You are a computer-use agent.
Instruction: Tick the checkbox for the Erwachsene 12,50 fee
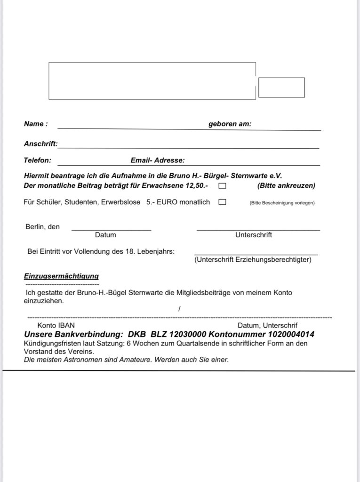pos(222,186)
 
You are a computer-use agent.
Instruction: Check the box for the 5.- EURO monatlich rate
pos(222,202)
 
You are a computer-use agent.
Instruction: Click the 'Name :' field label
pos(36,124)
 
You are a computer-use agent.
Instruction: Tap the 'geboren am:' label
pos(230,124)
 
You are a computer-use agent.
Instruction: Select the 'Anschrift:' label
pos(40,144)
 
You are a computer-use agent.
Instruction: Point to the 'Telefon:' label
pos(38,160)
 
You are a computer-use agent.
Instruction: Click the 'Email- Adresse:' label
pos(158,160)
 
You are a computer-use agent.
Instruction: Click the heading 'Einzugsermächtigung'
pos(61,276)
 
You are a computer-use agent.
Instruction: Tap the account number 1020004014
pos(292,334)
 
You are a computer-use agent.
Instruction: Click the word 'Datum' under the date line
pos(105,234)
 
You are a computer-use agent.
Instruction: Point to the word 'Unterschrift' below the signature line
pos(254,234)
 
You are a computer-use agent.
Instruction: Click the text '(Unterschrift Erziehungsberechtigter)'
pos(253,259)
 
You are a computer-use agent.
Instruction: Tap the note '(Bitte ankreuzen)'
pos(286,186)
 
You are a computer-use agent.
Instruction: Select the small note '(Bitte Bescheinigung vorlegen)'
pos(281,203)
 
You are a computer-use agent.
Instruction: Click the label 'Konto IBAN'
pos(56,325)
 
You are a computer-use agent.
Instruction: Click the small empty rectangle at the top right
pos(281,88)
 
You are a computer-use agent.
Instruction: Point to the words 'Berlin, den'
pos(43,226)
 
